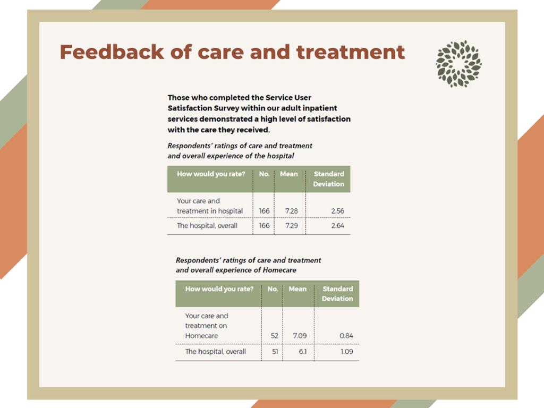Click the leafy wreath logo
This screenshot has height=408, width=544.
[458, 64]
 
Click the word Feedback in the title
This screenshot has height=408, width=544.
[112, 52]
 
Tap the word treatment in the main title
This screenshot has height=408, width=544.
[351, 52]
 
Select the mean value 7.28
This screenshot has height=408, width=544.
[292, 211]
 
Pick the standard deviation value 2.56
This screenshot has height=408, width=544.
[337, 211]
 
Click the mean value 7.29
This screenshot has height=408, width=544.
[292, 225]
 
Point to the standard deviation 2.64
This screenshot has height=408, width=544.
[337, 225]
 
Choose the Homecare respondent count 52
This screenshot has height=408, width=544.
[275, 336]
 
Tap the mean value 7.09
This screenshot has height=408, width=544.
[300, 336]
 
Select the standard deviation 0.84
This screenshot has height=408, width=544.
[346, 336]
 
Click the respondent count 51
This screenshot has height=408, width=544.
[275, 352]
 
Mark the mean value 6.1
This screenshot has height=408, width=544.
[303, 352]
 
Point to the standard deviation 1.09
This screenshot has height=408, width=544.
[346, 352]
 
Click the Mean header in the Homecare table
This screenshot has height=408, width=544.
[297, 288]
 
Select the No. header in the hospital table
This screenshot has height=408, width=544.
[265, 174]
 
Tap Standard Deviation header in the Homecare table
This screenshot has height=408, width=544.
[337, 293]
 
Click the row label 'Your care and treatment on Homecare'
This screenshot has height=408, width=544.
[207, 326]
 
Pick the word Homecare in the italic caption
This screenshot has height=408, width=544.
[279, 270]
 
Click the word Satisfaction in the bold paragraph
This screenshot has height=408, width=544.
[192, 108]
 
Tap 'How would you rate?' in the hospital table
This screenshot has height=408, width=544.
[211, 174]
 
